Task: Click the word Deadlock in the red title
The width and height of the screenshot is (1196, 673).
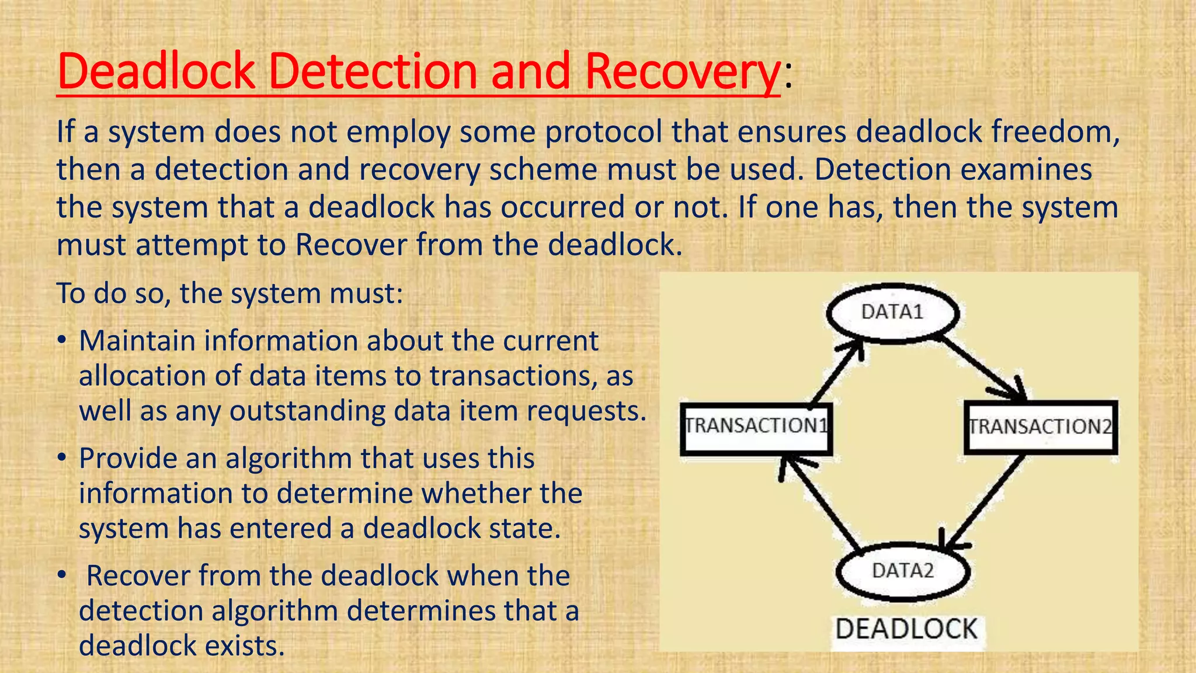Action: pyautogui.click(x=156, y=71)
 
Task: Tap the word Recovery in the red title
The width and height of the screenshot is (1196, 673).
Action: pyautogui.click(x=682, y=72)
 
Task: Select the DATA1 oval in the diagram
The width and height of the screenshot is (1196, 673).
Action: pyautogui.click(x=892, y=313)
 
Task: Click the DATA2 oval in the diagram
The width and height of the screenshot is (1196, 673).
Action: pyautogui.click(x=903, y=571)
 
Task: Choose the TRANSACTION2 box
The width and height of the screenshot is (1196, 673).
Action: pyautogui.click(x=1040, y=427)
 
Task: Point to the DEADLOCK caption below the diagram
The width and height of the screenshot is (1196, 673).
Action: pyautogui.click(x=906, y=630)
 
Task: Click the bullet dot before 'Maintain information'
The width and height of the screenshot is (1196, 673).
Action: pyautogui.click(x=62, y=341)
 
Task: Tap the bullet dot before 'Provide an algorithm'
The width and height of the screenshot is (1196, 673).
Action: pyautogui.click(x=62, y=459)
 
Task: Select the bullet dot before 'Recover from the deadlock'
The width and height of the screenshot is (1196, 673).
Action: pyautogui.click(x=62, y=576)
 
